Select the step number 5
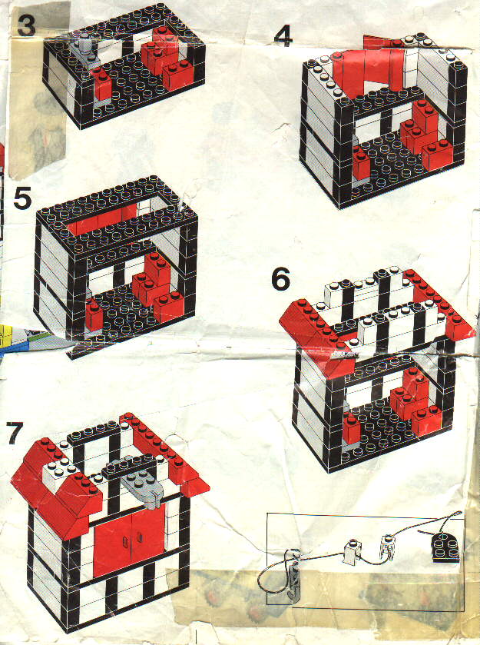pos(22,198)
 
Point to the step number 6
pos(280,279)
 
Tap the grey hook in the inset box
pos(293,576)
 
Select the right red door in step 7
pos(148,535)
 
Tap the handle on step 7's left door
pos(125,543)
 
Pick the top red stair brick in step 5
pos(157,268)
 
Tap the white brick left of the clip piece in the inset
pos(353,550)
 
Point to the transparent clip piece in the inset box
pos(386,547)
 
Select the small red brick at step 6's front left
pos(352,429)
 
